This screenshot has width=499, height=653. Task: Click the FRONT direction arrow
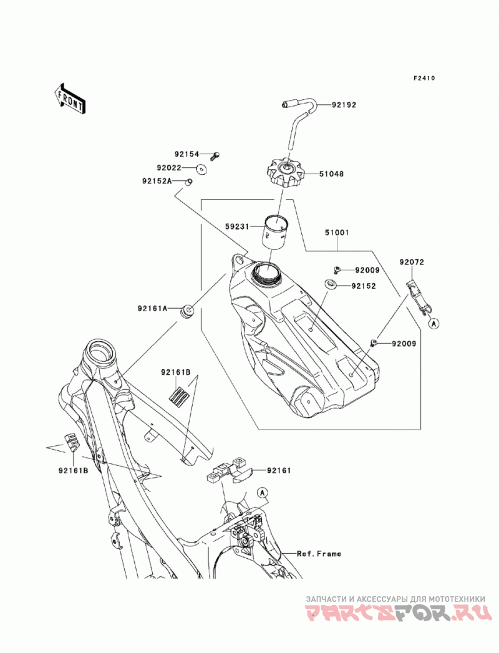[70, 99]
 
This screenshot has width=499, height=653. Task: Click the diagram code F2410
[424, 78]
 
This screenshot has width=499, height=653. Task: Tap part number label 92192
[344, 105]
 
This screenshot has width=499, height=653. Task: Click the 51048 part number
[332, 173]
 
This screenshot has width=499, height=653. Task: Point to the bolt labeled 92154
[215, 156]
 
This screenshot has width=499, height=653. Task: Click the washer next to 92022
[202, 168]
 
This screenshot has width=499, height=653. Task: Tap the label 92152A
[157, 181]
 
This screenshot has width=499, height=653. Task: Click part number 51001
[337, 233]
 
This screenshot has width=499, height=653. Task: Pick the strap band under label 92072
[419, 296]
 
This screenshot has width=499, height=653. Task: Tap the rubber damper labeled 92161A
[188, 311]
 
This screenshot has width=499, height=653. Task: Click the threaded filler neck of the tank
[267, 274]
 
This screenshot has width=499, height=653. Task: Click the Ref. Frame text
[319, 553]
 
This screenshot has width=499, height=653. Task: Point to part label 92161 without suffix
[279, 471]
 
